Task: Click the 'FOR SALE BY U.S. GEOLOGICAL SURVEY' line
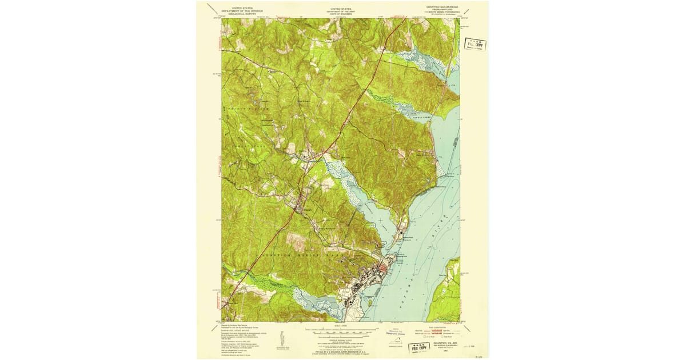[341, 348]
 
